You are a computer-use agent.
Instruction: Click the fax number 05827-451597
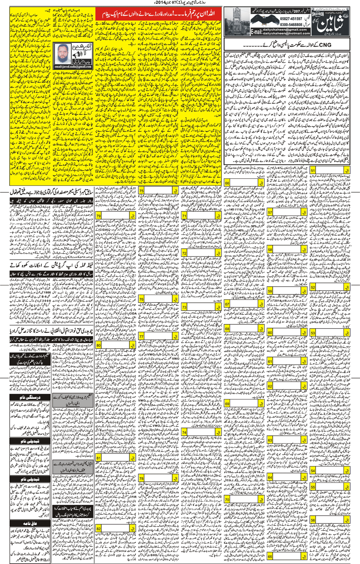coord(291,19)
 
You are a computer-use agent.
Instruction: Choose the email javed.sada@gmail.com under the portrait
coord(73,67)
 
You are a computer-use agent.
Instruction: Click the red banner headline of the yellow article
coord(158,15)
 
